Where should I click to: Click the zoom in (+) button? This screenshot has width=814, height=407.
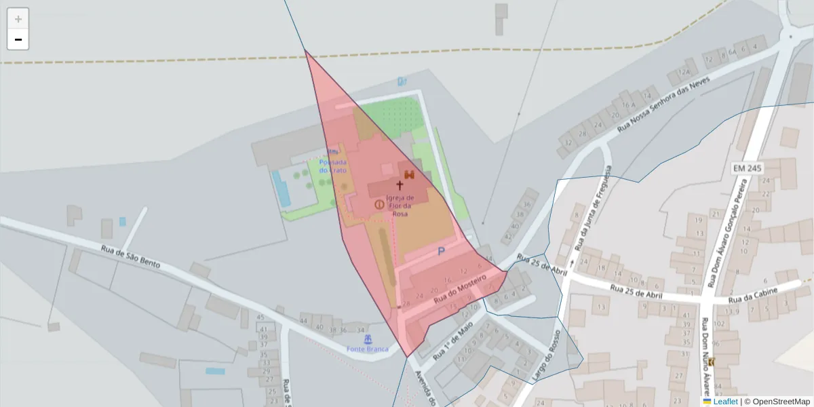[18, 19]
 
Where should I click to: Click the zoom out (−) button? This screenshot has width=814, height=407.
[18, 39]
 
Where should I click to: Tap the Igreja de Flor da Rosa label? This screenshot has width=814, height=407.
[400, 206]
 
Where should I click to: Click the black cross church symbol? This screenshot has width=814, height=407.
[400, 185]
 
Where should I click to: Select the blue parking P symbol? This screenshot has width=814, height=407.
[441, 252]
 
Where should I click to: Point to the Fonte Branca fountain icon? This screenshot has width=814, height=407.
[368, 338]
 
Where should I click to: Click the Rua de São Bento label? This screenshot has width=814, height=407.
[130, 257]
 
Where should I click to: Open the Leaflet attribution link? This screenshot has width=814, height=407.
[725, 402]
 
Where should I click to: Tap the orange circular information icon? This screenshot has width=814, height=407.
[379, 204]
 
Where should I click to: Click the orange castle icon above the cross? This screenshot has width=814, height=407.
[409, 174]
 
